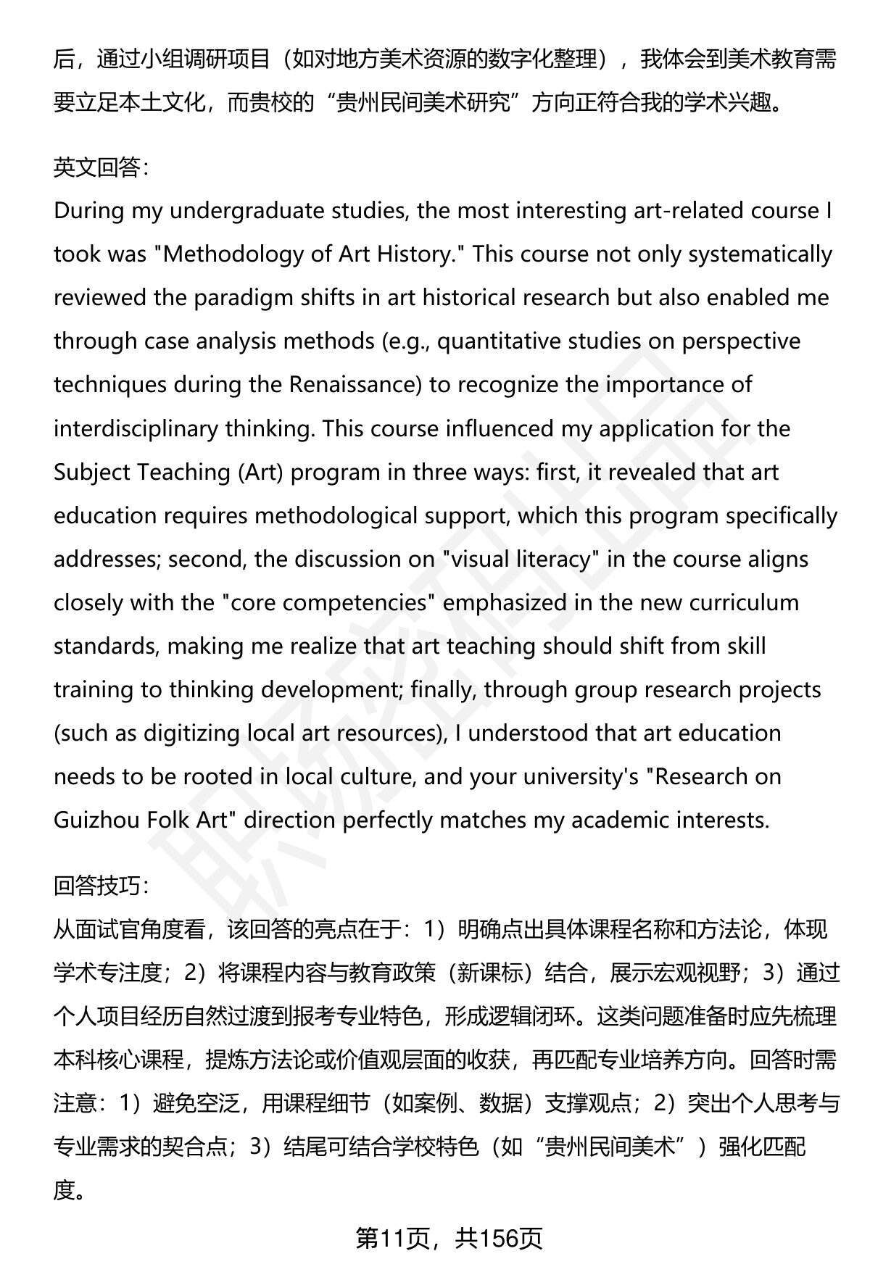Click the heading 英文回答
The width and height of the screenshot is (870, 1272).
pyautogui.click(x=101, y=168)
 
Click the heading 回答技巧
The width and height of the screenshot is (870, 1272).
pyautogui.click(x=101, y=886)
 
